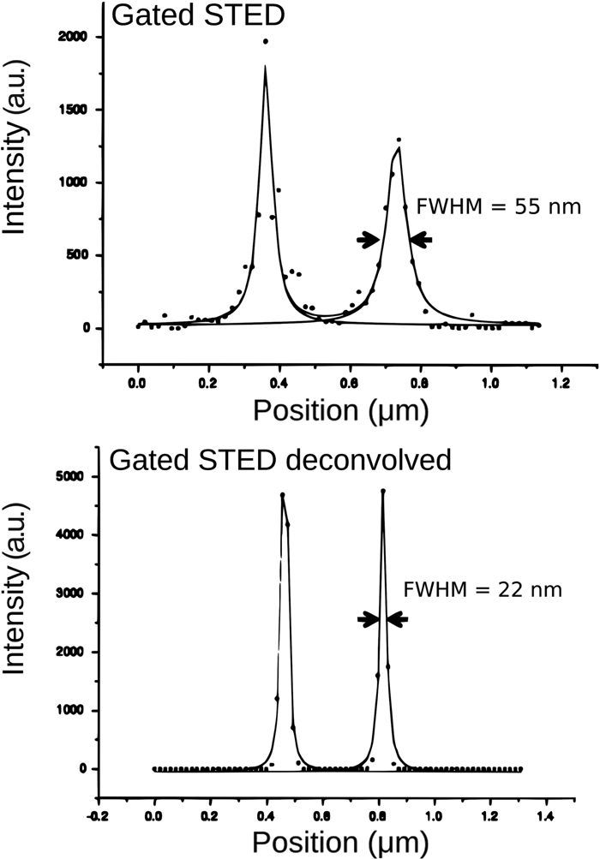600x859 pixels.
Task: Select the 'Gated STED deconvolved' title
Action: (x=279, y=460)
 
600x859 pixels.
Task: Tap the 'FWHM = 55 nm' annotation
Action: (x=498, y=206)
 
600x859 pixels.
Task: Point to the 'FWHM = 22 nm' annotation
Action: (x=487, y=589)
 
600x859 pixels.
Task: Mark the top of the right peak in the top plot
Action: (x=399, y=140)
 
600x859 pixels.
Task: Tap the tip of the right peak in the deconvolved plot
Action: (x=382, y=491)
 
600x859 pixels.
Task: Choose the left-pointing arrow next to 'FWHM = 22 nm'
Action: (x=398, y=619)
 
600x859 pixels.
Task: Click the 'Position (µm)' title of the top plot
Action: (x=339, y=410)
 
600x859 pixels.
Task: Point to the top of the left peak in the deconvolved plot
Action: (x=282, y=495)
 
